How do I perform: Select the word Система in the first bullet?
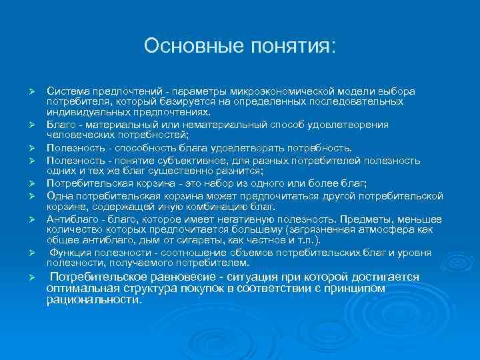pyautogui.click(x=67, y=91)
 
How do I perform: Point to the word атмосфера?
pyautogui.click(x=399, y=229)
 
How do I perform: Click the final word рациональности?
pyautogui.click(x=94, y=300)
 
